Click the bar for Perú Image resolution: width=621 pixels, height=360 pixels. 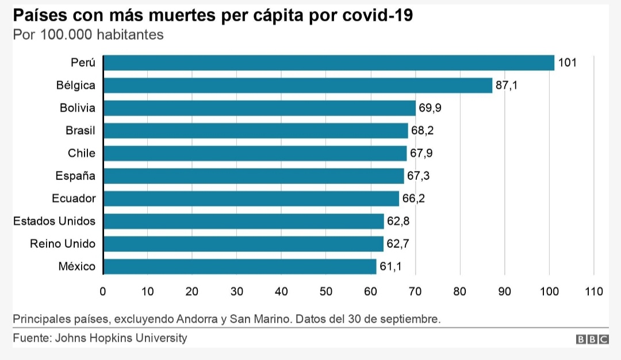(328, 63)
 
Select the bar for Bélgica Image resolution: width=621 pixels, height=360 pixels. (298, 86)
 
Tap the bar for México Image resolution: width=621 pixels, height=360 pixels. (240, 266)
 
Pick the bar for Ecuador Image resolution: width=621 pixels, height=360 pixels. (251, 198)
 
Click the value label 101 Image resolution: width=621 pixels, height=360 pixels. (567, 63)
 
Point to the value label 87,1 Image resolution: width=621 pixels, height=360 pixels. (507, 86)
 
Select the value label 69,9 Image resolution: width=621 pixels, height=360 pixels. (430, 108)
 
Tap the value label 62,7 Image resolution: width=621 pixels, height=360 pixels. (397, 244)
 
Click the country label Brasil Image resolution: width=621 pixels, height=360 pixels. (80, 131)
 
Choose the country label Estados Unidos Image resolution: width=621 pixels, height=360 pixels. (54, 221)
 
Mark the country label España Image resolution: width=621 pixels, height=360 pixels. (75, 176)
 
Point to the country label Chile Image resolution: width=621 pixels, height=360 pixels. (82, 154)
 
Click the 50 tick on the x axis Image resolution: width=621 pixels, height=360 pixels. (326, 292)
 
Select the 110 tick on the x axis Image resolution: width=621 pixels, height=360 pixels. (593, 292)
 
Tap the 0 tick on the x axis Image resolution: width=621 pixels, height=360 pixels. (103, 292)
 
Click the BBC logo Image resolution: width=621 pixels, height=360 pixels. (592, 339)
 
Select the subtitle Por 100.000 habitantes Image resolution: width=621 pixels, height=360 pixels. (88, 35)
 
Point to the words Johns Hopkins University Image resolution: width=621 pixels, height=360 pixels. (121, 338)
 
